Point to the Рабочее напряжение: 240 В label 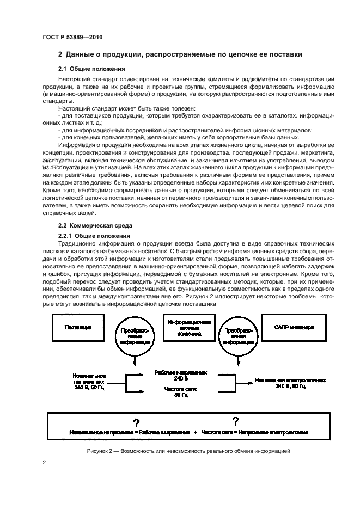click(x=181, y=376)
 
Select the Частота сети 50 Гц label click(x=181, y=392)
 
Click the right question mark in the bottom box click(x=235, y=421)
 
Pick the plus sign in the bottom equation click(x=194, y=432)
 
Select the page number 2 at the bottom click(x=44, y=463)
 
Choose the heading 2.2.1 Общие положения click(x=94, y=235)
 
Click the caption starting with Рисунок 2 click(x=188, y=451)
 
